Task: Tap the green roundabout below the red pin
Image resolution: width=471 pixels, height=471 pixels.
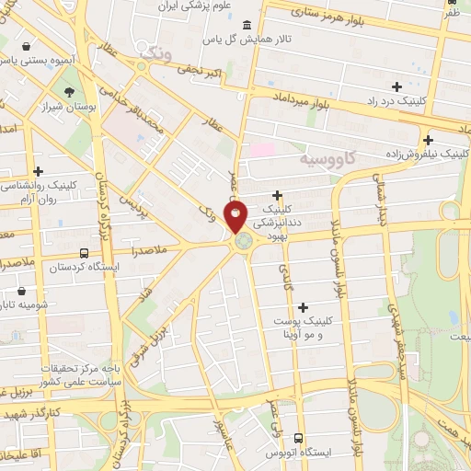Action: coord(244,242)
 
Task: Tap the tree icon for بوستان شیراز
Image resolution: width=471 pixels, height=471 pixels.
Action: coord(71,91)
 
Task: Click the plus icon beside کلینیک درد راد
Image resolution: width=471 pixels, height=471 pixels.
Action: coord(396,86)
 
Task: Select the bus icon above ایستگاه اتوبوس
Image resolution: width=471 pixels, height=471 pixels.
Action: coord(297,439)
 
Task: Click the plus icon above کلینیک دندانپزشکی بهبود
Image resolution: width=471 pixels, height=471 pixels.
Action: coord(278,195)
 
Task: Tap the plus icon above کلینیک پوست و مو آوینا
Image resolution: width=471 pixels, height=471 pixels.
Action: coord(303,306)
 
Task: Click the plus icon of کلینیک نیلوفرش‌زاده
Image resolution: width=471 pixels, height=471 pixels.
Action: coord(428,140)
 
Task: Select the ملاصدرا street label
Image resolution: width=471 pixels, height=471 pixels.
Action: coord(149,249)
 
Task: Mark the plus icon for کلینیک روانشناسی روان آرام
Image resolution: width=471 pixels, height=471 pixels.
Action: coord(38,171)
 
